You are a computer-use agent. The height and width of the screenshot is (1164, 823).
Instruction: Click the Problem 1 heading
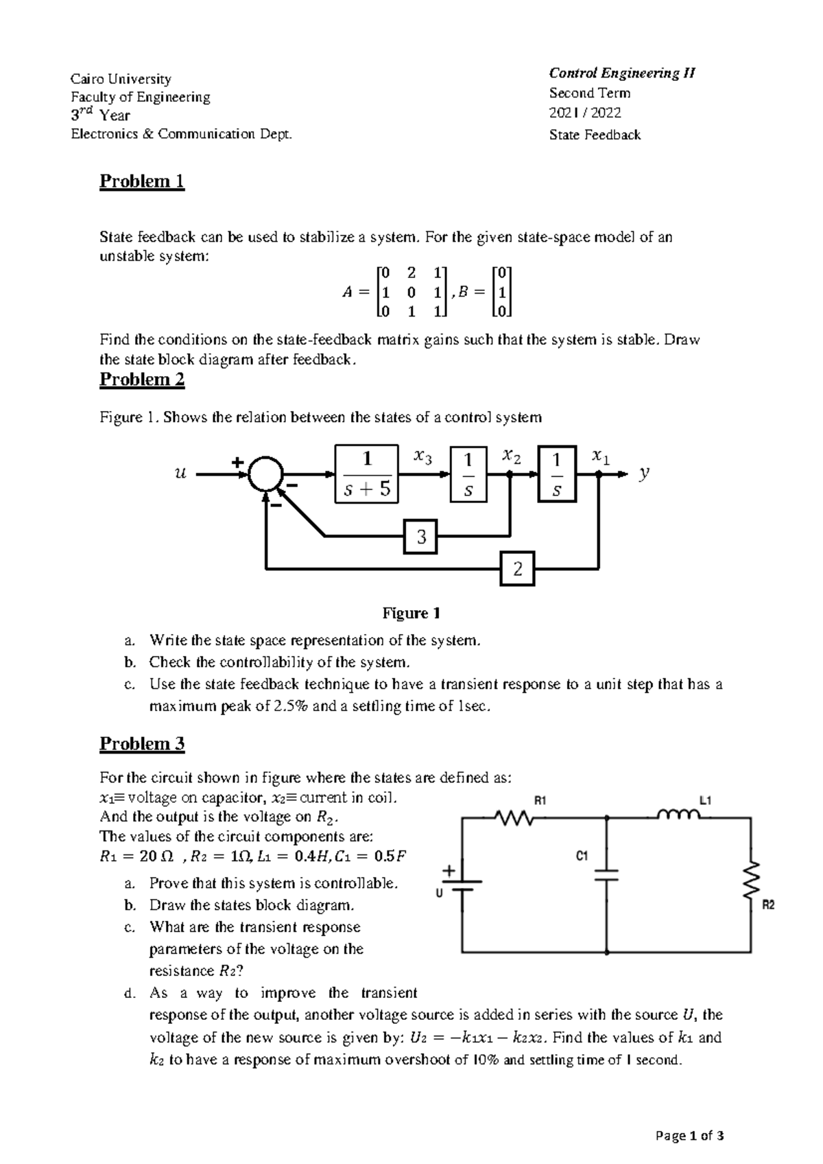(x=142, y=181)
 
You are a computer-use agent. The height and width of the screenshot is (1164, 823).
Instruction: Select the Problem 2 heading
(x=142, y=380)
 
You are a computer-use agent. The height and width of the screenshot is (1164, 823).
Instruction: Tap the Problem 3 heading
(x=142, y=744)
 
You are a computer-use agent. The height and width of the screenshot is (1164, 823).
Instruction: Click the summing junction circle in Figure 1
(x=265, y=474)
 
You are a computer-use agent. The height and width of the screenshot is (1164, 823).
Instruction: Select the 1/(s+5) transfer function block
(x=367, y=474)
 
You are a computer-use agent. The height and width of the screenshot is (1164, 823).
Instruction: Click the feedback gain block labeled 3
(x=421, y=537)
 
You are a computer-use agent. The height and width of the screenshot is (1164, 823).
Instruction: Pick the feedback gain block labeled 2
(x=517, y=568)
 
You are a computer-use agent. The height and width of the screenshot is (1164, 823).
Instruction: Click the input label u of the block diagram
(x=180, y=473)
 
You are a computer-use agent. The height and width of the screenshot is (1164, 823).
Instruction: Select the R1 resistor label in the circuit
(x=540, y=800)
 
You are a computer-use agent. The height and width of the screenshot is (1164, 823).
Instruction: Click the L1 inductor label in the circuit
(x=705, y=800)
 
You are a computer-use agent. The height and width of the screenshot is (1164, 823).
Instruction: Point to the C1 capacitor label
(x=582, y=856)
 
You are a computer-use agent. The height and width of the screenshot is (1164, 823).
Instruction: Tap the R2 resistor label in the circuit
(x=768, y=906)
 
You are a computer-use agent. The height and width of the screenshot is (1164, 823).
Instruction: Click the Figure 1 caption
(x=411, y=613)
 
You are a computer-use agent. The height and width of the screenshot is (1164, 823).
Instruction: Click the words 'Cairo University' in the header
(x=121, y=79)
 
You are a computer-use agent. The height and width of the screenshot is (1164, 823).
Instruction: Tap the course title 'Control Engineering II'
(x=622, y=73)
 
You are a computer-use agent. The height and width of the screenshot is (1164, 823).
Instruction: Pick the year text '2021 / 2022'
(x=585, y=113)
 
